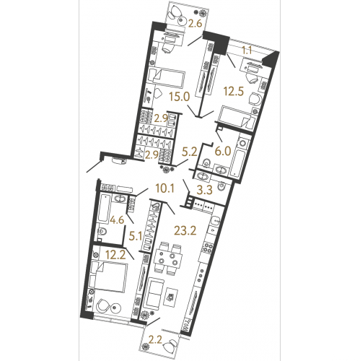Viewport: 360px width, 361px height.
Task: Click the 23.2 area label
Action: (x=185, y=231)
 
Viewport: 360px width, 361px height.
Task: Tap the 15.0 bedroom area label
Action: (x=180, y=97)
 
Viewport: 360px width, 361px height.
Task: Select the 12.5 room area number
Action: (x=234, y=92)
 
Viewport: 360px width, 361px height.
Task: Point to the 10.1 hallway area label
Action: (x=164, y=188)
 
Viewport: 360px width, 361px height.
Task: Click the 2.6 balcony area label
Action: (x=195, y=24)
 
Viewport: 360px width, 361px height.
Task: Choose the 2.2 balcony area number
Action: (x=155, y=340)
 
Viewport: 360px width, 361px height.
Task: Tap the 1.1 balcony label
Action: (x=247, y=51)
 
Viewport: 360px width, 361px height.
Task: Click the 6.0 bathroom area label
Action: (x=223, y=152)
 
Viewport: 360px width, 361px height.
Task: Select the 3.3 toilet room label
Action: (x=205, y=190)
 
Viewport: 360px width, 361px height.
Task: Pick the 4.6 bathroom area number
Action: (x=117, y=219)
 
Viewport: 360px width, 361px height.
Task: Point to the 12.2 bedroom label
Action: (x=115, y=255)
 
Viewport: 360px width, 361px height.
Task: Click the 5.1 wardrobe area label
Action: (x=136, y=237)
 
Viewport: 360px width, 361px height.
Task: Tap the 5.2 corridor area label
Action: (x=190, y=152)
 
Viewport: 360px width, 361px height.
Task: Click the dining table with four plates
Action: (x=167, y=258)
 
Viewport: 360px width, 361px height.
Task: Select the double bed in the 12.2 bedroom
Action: (x=108, y=277)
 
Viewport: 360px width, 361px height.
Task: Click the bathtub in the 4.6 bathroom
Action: (x=104, y=209)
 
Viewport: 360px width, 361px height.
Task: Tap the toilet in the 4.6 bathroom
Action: (x=102, y=232)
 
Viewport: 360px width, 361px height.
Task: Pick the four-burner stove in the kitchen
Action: (x=208, y=246)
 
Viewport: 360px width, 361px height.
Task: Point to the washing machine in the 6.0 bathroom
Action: (x=243, y=144)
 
